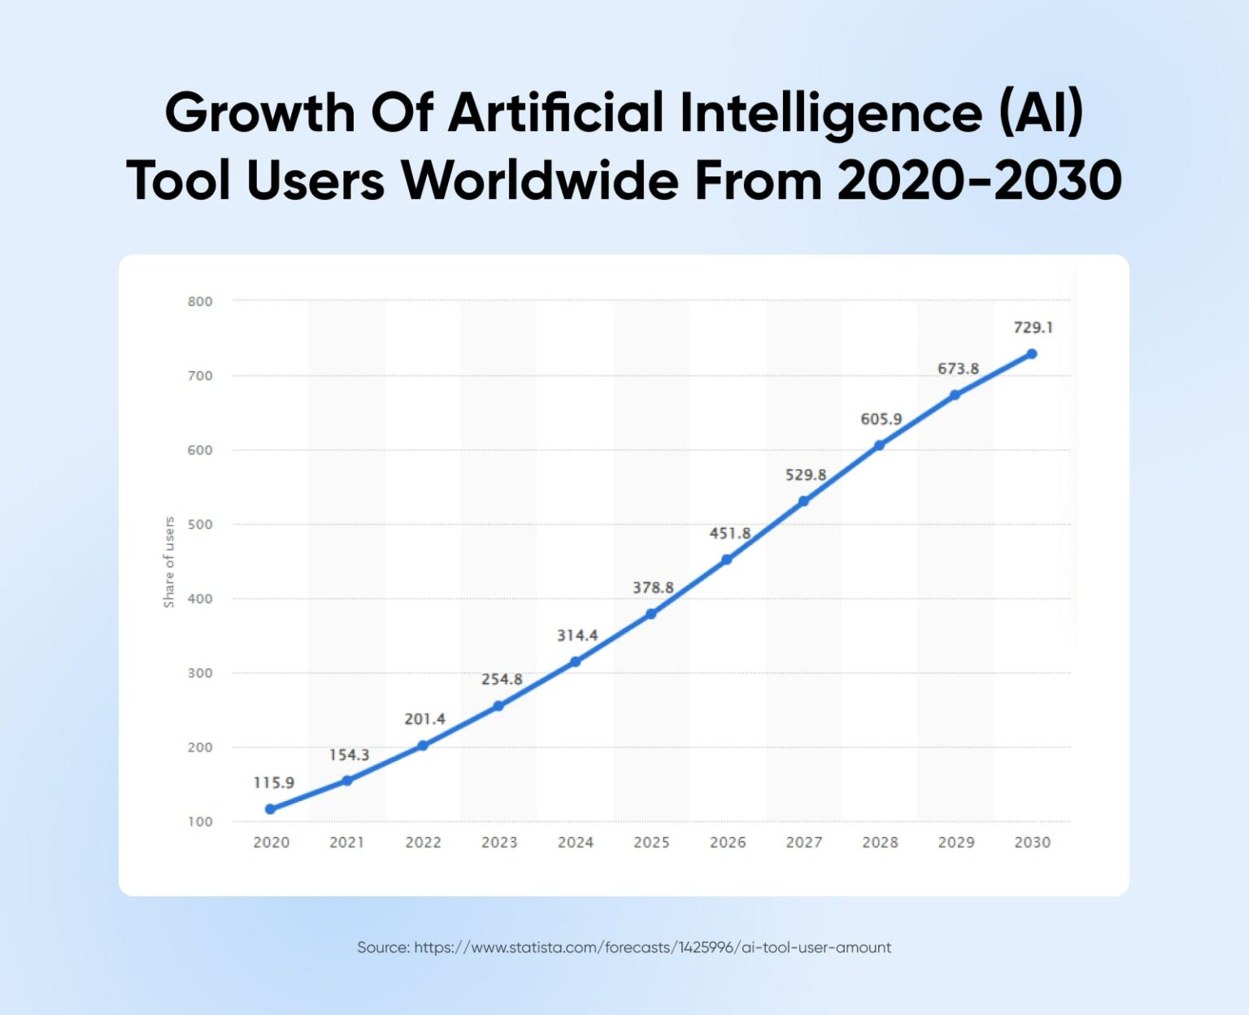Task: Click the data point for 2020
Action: (271, 809)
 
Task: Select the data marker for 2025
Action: (651, 614)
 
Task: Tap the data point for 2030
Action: (1032, 354)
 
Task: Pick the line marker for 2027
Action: (803, 502)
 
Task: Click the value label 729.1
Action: (1034, 328)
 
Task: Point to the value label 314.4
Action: (577, 635)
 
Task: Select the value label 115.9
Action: (274, 782)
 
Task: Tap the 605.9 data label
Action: (881, 419)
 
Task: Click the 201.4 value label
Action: (425, 719)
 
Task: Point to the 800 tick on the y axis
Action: (200, 302)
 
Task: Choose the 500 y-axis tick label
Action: (200, 525)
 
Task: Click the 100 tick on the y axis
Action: (200, 821)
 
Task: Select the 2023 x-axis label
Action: (499, 843)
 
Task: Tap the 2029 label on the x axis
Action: (956, 843)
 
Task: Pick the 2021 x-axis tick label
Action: (347, 843)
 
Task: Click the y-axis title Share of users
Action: (169, 562)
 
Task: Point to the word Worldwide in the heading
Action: (540, 180)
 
